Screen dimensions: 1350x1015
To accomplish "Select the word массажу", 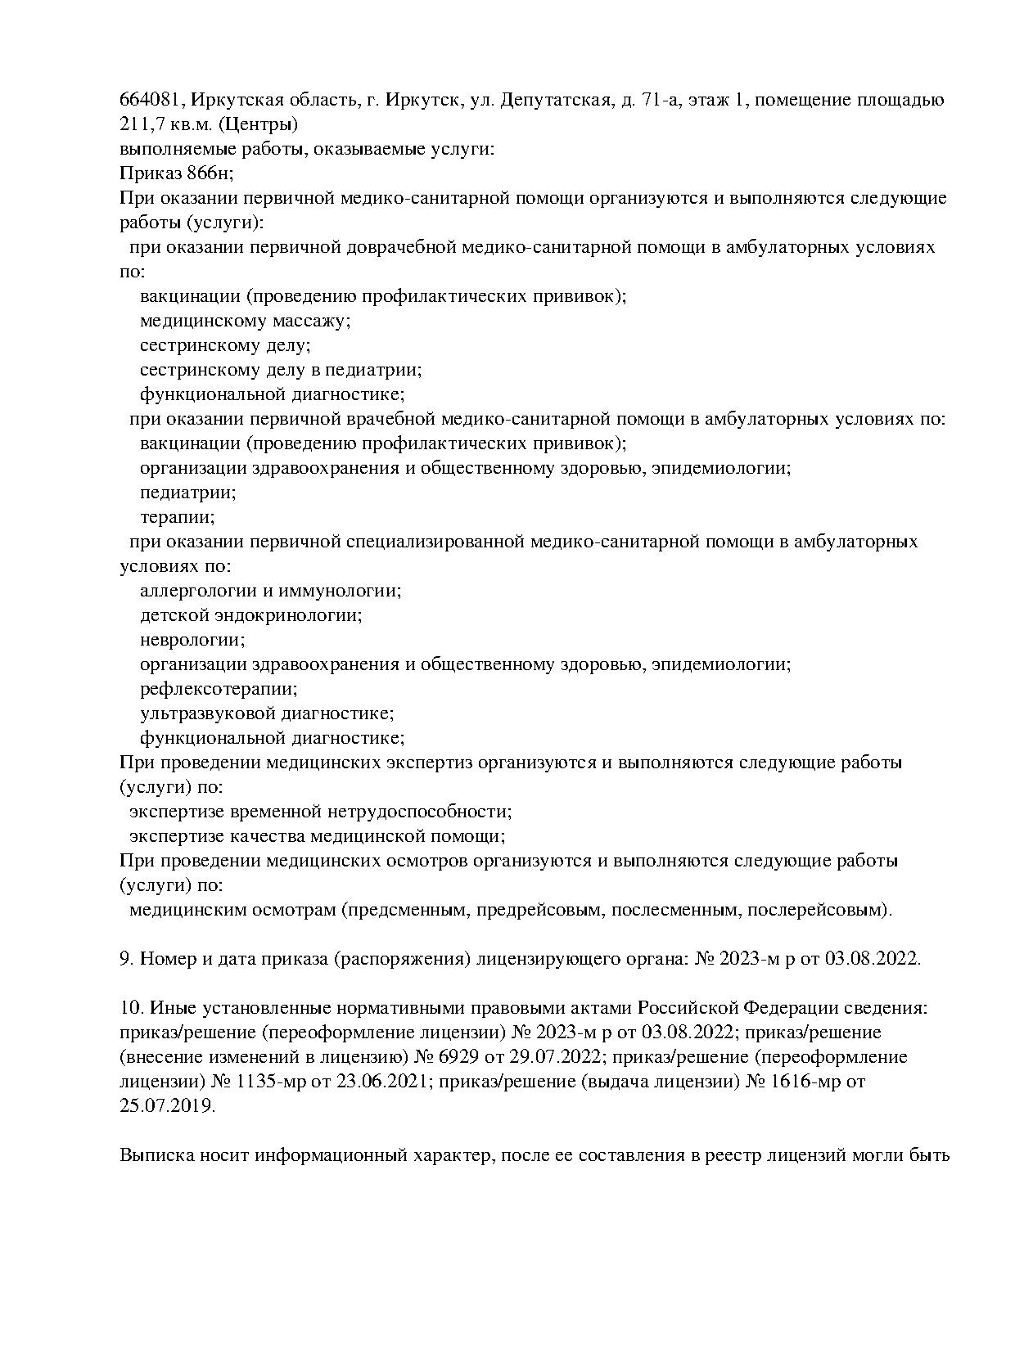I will click(x=313, y=321).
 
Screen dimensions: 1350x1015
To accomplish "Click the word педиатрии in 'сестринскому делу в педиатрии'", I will click(x=380, y=370).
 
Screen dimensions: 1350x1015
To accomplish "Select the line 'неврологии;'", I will click(x=192, y=640).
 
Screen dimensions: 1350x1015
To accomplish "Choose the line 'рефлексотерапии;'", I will click(x=219, y=689).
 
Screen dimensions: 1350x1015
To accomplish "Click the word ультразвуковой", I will click(x=205, y=713).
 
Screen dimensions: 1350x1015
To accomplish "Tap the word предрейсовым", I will click(x=539, y=910).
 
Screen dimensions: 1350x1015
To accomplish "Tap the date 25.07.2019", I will click(x=168, y=1106).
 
